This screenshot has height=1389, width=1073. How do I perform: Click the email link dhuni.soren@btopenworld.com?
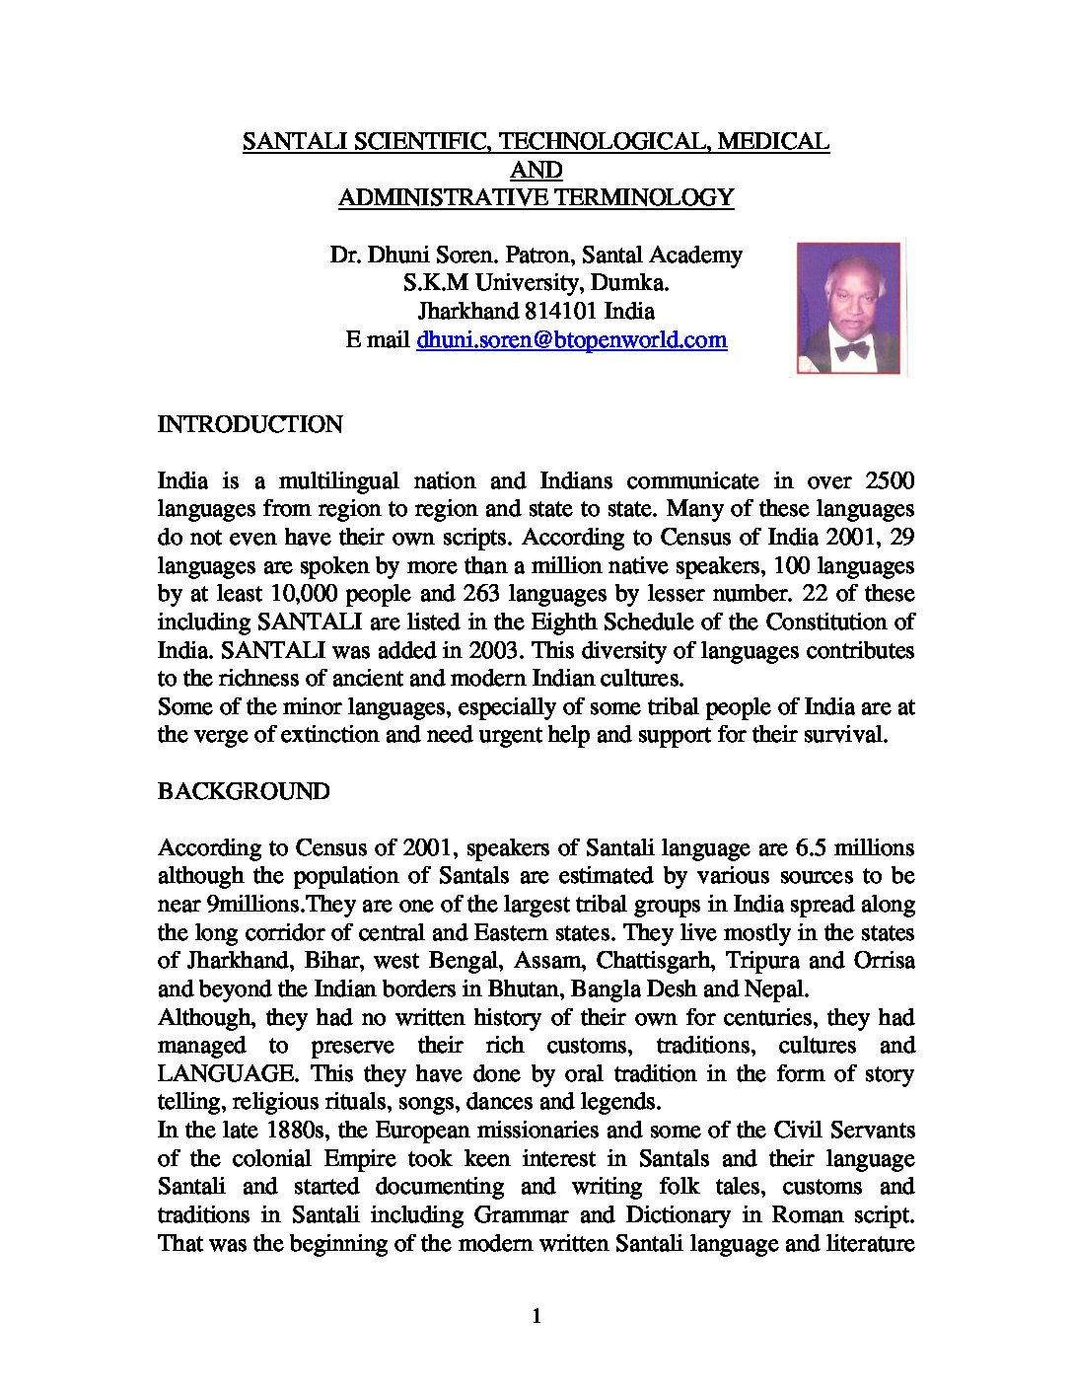(572, 340)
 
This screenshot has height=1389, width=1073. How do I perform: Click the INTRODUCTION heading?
(250, 425)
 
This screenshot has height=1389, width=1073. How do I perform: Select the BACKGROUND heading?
(244, 792)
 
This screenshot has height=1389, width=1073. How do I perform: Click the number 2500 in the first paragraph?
(889, 481)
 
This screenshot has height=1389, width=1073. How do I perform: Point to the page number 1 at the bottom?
(536, 1316)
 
